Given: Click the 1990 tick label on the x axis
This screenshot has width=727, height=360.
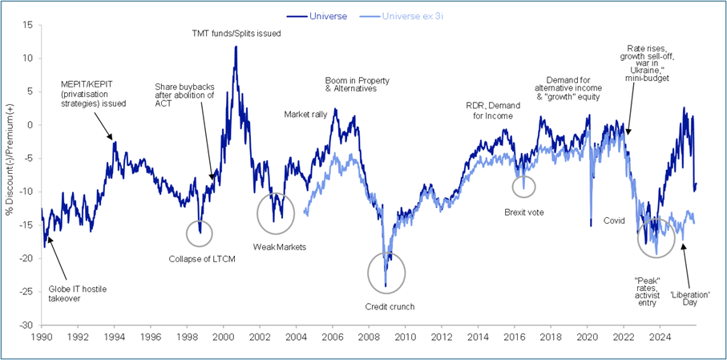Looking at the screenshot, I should [x=42, y=338].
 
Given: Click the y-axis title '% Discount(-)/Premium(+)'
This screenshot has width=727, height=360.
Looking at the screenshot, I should [x=10, y=175].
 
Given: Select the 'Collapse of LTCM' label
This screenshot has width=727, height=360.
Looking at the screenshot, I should [x=202, y=258].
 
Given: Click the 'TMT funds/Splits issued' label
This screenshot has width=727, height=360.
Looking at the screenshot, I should [x=236, y=34].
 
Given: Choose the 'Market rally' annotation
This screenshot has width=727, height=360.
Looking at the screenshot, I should [x=305, y=115].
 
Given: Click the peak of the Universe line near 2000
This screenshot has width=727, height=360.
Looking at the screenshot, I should [x=236, y=47].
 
